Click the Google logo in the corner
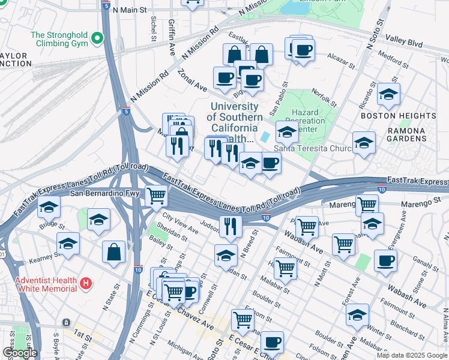click(x=20, y=353)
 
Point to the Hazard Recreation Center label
click(x=309, y=121)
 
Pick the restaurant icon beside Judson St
click(x=229, y=226)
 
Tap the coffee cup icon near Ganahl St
click(x=385, y=260)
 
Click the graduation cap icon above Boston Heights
click(x=388, y=94)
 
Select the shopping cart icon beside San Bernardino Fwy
click(x=156, y=195)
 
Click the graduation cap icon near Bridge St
click(x=49, y=207)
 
